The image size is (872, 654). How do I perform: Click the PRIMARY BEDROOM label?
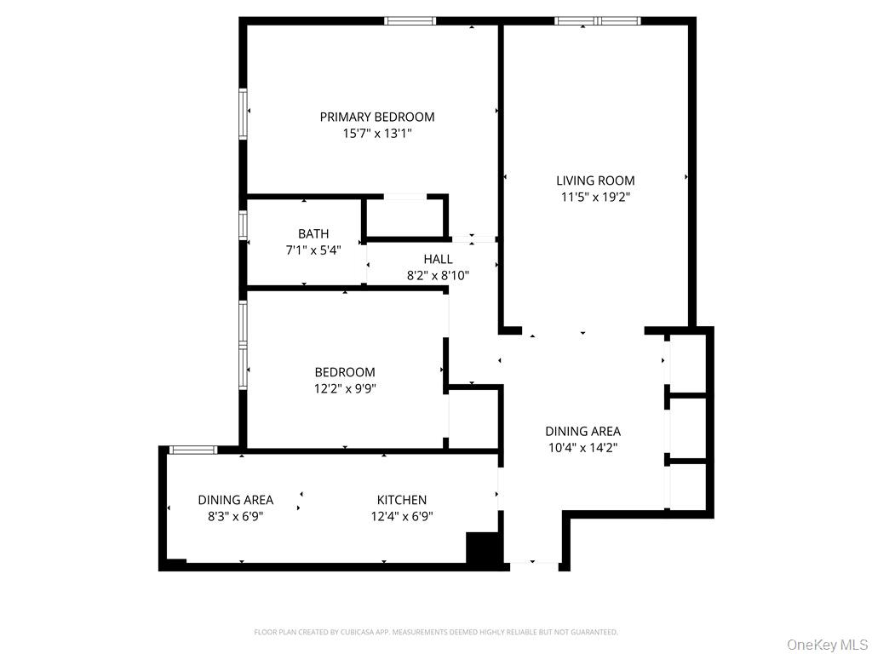click(376, 117)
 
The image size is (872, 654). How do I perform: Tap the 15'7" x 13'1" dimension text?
click(376, 133)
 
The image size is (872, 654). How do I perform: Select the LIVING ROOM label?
click(595, 181)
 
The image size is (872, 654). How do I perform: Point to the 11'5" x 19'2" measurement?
click(595, 197)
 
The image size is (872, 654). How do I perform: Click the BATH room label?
click(313, 234)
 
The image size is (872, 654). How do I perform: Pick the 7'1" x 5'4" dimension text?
click(313, 250)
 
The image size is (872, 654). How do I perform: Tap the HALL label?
click(438, 259)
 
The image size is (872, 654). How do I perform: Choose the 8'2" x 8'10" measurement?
click(438, 275)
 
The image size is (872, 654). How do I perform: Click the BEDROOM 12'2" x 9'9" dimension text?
click(345, 388)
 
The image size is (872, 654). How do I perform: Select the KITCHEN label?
click(402, 500)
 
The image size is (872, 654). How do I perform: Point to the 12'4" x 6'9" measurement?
click(402, 516)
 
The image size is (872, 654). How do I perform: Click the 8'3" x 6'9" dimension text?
click(235, 516)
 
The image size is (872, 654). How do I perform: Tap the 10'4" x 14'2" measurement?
click(583, 447)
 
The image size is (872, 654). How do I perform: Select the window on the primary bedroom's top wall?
click(410, 20)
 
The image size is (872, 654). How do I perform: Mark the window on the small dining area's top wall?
click(193, 450)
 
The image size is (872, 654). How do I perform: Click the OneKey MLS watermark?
click(826, 644)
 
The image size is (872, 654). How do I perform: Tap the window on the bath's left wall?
click(244, 224)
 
